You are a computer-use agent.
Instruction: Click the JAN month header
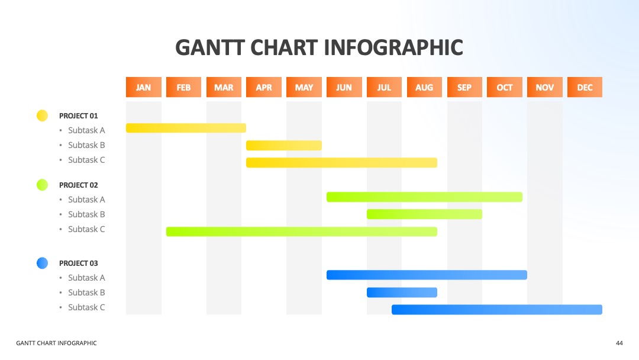point(143,87)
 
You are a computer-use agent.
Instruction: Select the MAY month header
point(304,87)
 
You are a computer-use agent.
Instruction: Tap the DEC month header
point(585,87)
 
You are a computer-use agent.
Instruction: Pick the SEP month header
point(464,87)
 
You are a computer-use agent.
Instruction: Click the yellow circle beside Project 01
point(43,116)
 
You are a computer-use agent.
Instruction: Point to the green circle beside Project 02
point(43,185)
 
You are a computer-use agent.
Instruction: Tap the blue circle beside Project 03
point(43,263)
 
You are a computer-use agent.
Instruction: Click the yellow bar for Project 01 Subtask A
point(186,128)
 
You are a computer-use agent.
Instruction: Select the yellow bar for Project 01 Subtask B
point(284,145)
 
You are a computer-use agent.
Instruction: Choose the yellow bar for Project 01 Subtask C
point(341,163)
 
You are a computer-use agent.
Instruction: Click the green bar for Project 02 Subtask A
point(424,197)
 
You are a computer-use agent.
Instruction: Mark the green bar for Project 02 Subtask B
point(424,214)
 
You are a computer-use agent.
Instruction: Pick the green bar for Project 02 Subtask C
point(302,232)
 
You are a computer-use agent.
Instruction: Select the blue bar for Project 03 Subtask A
point(427,275)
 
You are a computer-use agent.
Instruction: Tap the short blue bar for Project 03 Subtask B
point(402,292)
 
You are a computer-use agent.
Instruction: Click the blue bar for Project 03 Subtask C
point(497,310)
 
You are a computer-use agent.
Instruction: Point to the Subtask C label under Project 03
point(86,307)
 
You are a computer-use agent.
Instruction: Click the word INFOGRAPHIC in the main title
point(393,47)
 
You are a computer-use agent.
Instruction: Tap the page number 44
point(619,343)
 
